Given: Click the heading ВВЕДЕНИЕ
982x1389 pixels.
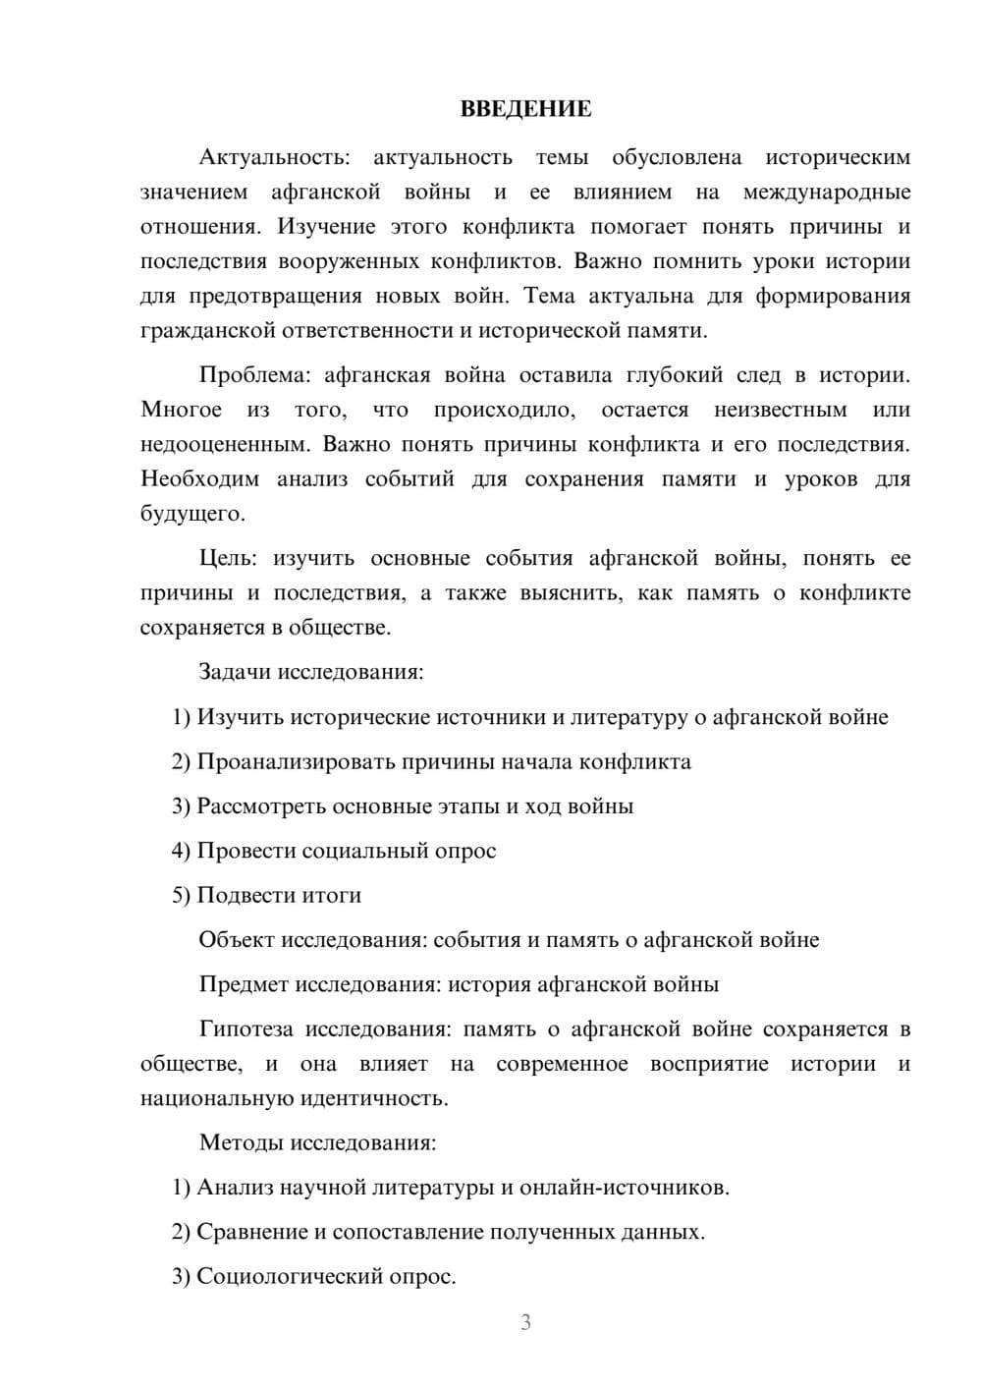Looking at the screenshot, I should (x=525, y=109).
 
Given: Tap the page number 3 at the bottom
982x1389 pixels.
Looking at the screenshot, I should (x=525, y=1322).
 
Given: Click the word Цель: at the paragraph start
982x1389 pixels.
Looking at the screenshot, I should (x=228, y=559).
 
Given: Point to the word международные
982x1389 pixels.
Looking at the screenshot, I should (x=826, y=193).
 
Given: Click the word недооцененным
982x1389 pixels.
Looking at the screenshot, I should (x=223, y=445).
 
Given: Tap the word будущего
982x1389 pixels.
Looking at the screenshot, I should (x=191, y=514).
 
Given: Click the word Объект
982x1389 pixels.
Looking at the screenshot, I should (x=237, y=940).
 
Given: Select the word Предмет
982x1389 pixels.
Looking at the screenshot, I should (x=244, y=984).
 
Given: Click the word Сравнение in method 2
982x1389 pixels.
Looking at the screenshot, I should (x=251, y=1232).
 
